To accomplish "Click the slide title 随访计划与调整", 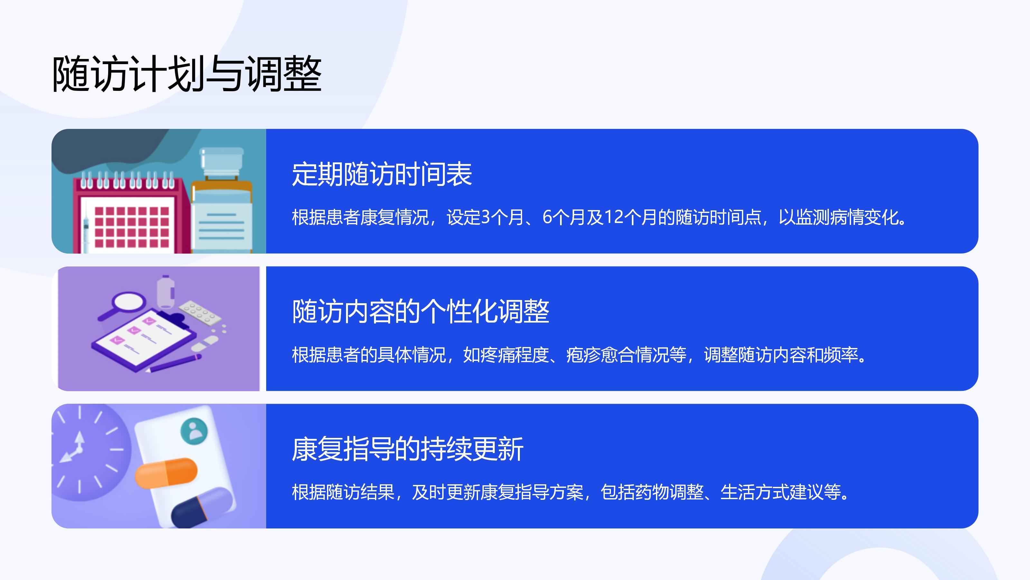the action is point(187,74).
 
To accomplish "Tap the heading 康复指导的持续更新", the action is point(407,449).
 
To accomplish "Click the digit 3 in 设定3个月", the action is point(485,217).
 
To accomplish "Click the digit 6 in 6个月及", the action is point(547,217).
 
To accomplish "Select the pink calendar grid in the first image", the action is point(132,227).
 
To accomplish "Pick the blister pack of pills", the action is point(200,312).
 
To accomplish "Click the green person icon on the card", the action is point(194,431).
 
